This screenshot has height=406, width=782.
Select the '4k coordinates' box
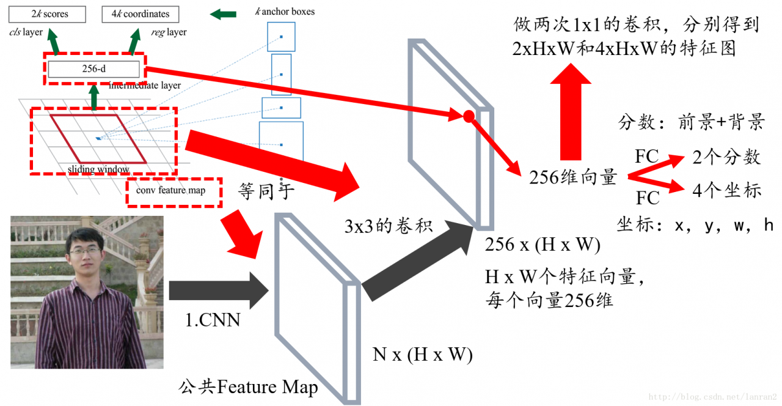140,13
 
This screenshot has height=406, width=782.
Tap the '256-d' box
93,69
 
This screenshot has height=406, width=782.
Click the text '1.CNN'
213,320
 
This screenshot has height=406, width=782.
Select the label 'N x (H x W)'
422,355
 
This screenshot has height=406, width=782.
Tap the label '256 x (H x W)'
542,245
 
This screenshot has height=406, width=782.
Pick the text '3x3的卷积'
389,226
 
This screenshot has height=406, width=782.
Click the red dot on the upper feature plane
468,116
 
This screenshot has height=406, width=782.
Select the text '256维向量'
573,177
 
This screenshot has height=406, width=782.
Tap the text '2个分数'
726,157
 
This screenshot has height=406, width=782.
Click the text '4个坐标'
726,190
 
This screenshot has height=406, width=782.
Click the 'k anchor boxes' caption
285,12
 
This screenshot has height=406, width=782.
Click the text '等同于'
266,192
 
